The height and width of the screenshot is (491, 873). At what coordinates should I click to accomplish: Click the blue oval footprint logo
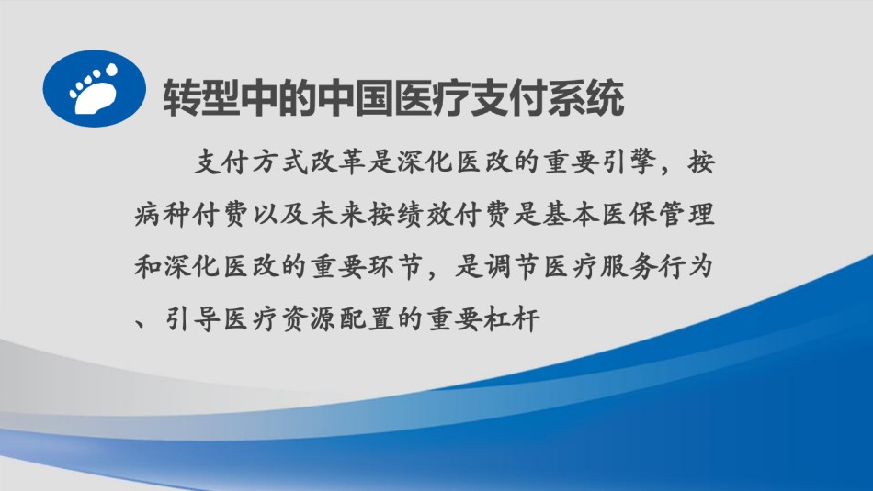pos(95,89)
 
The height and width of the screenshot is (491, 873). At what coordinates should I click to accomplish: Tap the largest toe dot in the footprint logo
pos(112,70)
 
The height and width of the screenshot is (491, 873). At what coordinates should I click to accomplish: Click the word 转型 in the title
pos(201,98)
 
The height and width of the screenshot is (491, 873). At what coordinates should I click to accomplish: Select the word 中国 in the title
pos(356,98)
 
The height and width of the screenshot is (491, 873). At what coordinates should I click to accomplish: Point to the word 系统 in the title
pos(586,98)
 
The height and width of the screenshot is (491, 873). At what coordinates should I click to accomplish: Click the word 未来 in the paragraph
pos(338,215)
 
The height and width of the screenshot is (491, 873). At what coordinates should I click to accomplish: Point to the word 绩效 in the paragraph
pos(425,215)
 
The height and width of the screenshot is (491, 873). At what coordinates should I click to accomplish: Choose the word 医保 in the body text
pos(627,215)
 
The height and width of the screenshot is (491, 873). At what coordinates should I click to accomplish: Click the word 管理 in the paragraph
pos(686,215)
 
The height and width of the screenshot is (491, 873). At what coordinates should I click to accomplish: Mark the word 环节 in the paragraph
pos(395,267)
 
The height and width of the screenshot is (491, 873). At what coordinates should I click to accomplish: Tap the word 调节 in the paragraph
pos(512,267)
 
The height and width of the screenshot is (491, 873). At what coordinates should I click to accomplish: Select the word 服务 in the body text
pos(627,267)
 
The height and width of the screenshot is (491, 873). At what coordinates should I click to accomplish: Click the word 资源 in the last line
pos(309,319)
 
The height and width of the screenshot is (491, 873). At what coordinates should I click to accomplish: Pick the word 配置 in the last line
pos(368,319)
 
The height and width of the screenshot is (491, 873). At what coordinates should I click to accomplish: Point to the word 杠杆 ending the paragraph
pos(512,319)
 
